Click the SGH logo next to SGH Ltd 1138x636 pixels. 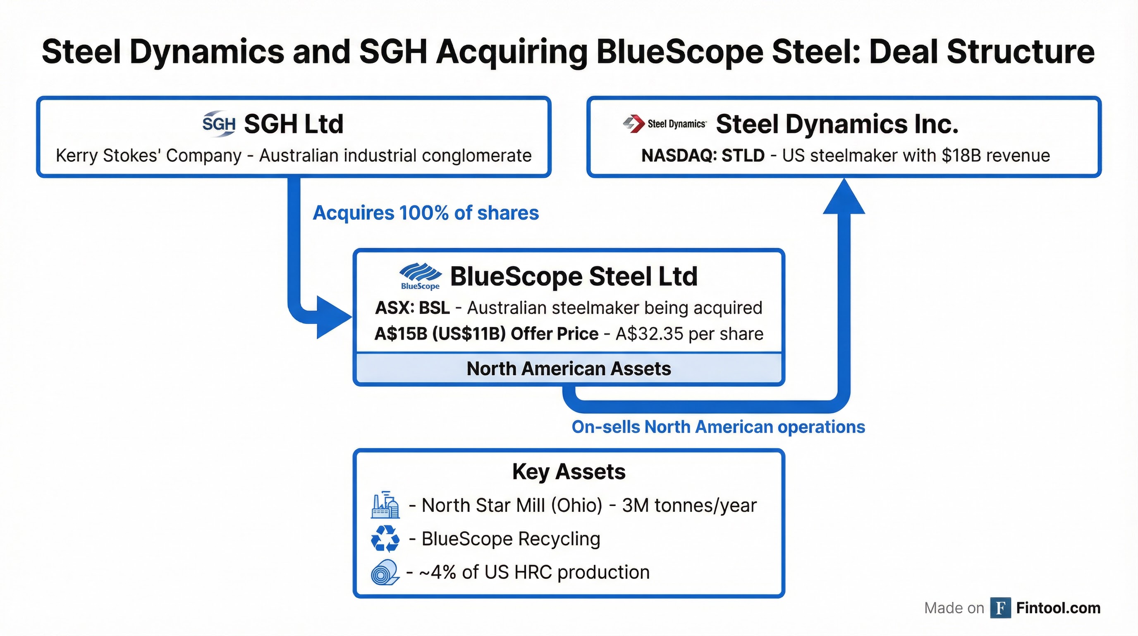219,123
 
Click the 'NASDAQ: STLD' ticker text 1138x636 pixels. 703,156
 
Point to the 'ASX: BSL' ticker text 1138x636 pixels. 412,308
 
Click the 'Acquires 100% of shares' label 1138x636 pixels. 426,213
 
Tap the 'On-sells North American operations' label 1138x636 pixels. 718,427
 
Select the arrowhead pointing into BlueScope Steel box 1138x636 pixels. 332,317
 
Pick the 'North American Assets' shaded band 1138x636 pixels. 569,369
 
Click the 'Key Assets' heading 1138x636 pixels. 569,472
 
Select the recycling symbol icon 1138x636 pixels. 385,538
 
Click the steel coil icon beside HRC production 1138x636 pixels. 385,572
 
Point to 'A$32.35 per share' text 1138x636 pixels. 689,334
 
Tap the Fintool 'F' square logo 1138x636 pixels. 1000,608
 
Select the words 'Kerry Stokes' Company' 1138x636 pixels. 148,156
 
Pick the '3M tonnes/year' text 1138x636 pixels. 689,505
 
